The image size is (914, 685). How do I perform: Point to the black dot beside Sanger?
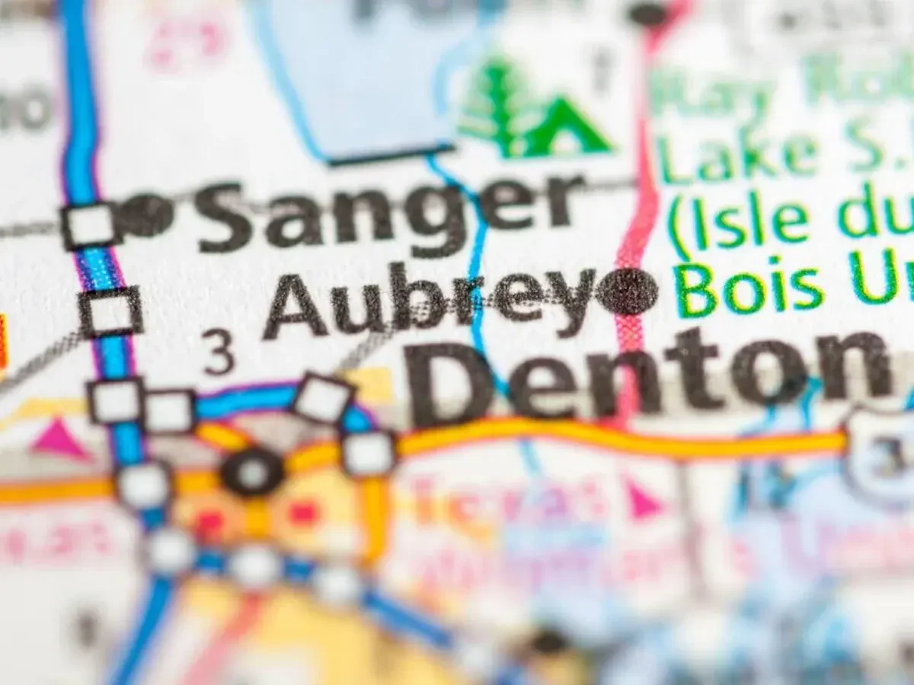pyautogui.click(x=145, y=216)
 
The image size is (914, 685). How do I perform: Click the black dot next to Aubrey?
pyautogui.click(x=628, y=292)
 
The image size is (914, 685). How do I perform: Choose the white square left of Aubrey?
pyautogui.click(x=111, y=312)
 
